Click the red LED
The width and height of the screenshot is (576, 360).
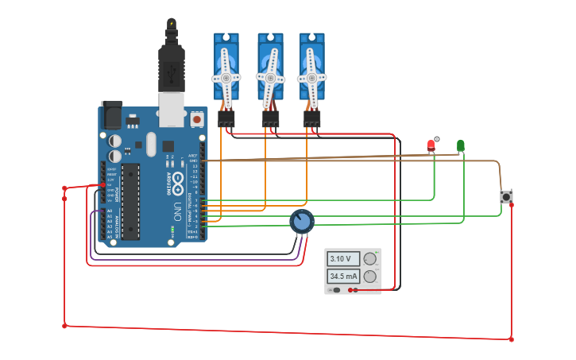431,145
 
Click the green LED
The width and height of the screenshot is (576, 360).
461,145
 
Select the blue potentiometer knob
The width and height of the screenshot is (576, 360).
301,221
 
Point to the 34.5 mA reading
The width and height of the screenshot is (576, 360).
343,277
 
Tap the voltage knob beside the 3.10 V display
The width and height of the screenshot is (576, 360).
369,259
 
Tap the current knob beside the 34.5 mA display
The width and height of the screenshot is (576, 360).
369,277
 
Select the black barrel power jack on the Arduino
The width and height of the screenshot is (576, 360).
110,116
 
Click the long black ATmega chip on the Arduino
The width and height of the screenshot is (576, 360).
130,201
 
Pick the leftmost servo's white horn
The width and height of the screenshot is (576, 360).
226,78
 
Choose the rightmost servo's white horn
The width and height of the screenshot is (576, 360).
311,78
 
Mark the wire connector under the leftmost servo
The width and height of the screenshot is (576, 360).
226,119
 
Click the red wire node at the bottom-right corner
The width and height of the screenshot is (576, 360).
511,339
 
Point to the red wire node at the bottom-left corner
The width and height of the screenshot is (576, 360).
64,325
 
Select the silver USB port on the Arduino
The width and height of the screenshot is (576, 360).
170,110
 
